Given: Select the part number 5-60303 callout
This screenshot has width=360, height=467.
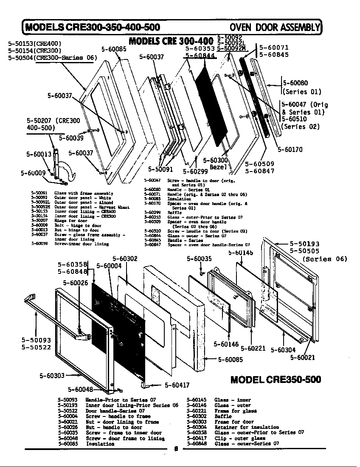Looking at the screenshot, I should click(52, 375).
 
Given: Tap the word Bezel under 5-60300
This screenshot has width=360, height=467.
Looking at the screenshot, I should click(219, 167).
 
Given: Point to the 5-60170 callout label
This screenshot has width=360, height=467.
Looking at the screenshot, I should click(290, 149).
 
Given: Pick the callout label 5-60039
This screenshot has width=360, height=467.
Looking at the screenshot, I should click(71, 138).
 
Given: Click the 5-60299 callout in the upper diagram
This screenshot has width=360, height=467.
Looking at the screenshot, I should click(195, 172).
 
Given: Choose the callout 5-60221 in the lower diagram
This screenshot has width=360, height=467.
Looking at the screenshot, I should click(253, 349).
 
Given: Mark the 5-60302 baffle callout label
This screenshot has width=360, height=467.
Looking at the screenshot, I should click(125, 259).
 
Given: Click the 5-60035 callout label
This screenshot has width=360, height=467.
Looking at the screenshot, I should click(199, 259).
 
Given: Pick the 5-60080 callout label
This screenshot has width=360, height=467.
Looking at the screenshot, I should click(295, 83).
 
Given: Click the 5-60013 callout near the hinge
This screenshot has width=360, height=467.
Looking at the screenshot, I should click(39, 154).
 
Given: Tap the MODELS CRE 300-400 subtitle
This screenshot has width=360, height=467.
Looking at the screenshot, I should click(171, 42).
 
